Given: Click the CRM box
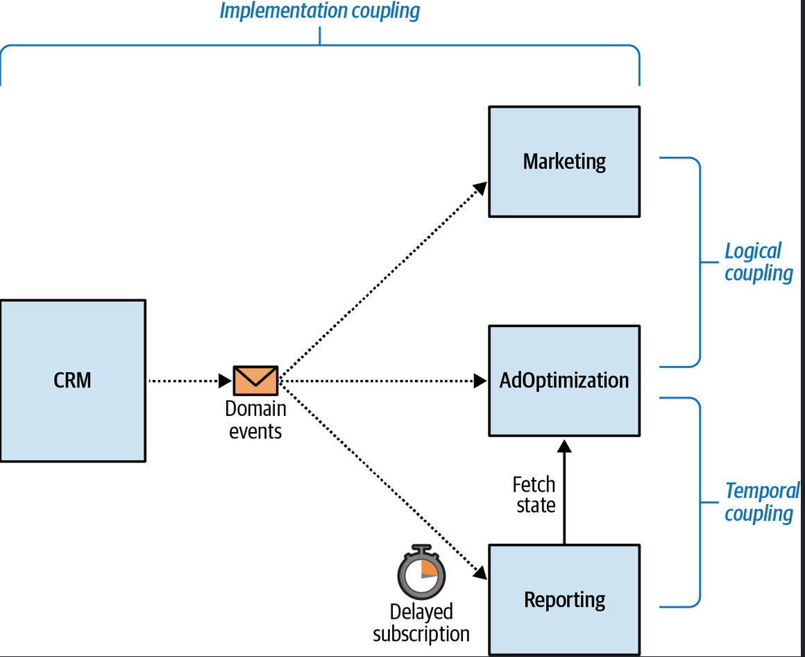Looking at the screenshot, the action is [73, 381].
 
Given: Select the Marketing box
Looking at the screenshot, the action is [564, 162].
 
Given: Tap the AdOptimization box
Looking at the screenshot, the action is [564, 381].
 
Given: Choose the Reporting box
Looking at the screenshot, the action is [564, 600].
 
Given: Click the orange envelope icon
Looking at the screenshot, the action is [255, 381].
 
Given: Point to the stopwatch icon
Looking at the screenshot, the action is [421, 572].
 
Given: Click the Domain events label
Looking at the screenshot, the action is [255, 419].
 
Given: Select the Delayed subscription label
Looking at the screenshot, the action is [421, 622].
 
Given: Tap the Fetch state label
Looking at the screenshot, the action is [534, 494].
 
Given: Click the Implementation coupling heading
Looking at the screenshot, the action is [320, 11].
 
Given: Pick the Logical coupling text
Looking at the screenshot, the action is [759, 262].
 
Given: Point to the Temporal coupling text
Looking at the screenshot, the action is [762, 502].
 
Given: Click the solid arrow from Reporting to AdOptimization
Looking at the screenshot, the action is [564, 492].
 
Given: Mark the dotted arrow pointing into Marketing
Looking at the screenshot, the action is [383, 279].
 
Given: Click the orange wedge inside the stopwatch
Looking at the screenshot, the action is [429, 567].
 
